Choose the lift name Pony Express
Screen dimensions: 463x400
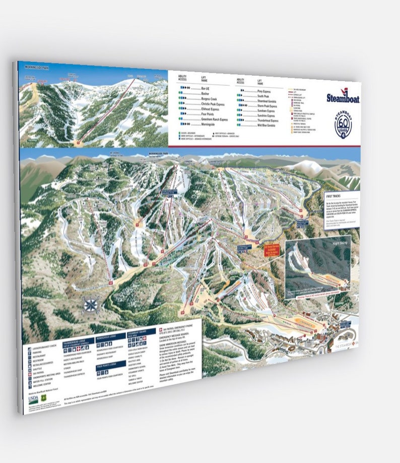tap(267, 91)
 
